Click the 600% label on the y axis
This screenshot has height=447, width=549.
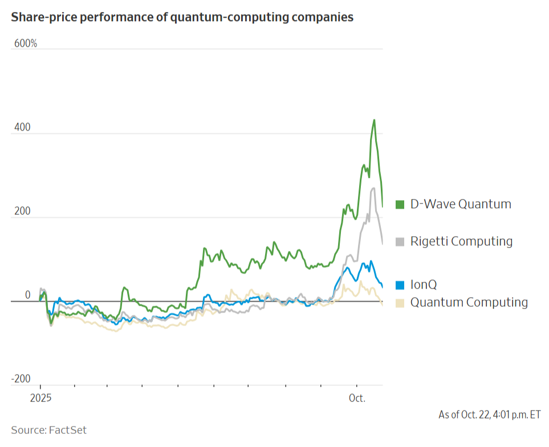[x=25, y=43]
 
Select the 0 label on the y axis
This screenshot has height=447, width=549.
[x=27, y=295]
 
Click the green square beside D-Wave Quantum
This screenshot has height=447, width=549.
[x=400, y=204]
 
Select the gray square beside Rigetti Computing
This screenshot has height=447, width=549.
[x=400, y=242]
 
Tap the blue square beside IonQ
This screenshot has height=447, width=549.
[x=400, y=285]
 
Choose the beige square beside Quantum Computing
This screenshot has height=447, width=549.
[x=400, y=302]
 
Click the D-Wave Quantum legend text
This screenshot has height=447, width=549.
[x=461, y=204]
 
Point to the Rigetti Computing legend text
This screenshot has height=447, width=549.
[x=461, y=242]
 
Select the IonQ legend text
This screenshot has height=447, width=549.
[x=424, y=285]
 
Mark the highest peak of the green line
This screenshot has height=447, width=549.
[x=374, y=120]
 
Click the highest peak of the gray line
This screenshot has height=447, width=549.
[x=373, y=188]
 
